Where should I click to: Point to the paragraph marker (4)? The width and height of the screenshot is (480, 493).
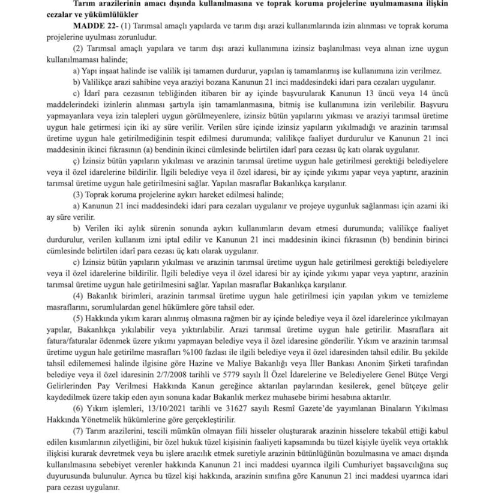click(x=79, y=297)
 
